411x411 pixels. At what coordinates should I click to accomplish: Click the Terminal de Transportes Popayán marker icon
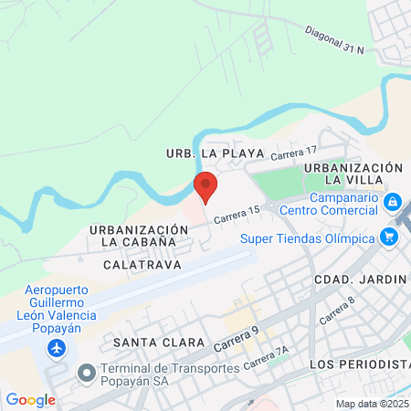(88, 373)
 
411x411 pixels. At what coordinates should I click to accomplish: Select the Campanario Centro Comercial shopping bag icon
(392, 201)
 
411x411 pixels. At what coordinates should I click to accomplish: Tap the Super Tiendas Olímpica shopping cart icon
(391, 237)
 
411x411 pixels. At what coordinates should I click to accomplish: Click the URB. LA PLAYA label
(215, 153)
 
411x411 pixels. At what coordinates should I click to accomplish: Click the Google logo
(30, 399)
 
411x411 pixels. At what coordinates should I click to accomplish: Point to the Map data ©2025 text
(371, 404)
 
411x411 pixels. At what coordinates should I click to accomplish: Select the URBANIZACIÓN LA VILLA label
(353, 174)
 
